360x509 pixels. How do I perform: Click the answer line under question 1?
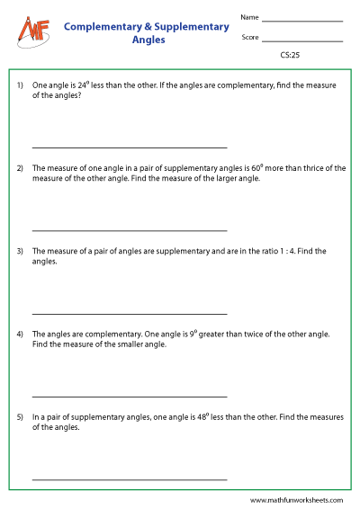(130, 147)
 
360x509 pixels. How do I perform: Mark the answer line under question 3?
(130, 313)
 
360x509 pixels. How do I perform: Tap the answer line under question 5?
(130, 479)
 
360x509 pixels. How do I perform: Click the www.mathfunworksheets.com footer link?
(297, 500)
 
